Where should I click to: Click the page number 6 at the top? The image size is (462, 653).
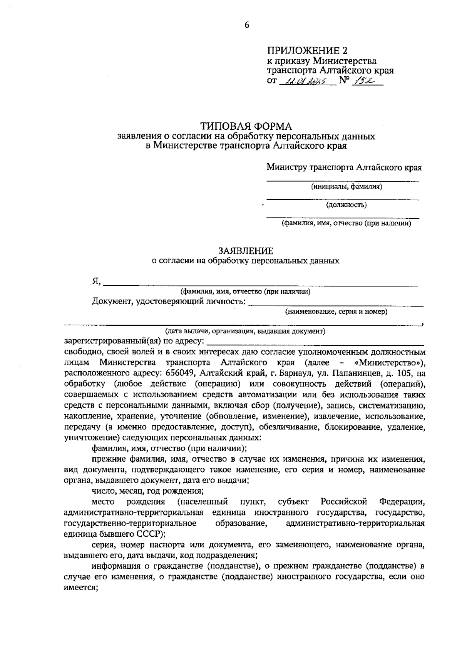tap(247, 25)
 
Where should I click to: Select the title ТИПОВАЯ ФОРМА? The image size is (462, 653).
tap(246, 126)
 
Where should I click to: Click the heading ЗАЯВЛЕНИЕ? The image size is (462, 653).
tap(246, 251)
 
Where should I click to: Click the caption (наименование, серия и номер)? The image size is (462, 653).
tap(336, 312)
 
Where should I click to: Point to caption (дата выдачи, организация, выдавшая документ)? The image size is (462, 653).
tap(245, 331)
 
